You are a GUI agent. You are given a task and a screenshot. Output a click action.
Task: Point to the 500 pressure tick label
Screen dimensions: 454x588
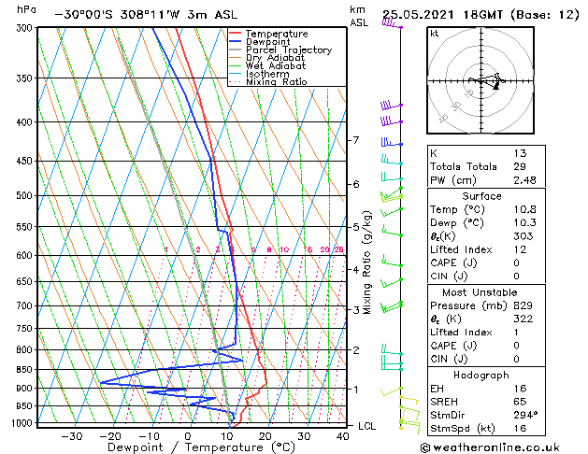coord(25,196)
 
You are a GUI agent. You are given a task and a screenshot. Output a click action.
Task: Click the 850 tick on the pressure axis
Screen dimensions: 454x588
coord(25,370)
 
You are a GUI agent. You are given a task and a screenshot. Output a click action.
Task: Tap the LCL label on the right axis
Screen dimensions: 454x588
coord(368,426)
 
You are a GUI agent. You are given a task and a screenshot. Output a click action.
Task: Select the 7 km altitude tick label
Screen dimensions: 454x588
coord(355,140)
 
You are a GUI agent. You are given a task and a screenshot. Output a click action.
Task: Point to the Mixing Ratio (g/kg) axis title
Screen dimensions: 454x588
coord(367,262)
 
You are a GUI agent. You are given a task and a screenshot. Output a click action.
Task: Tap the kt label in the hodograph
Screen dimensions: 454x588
coord(434,33)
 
